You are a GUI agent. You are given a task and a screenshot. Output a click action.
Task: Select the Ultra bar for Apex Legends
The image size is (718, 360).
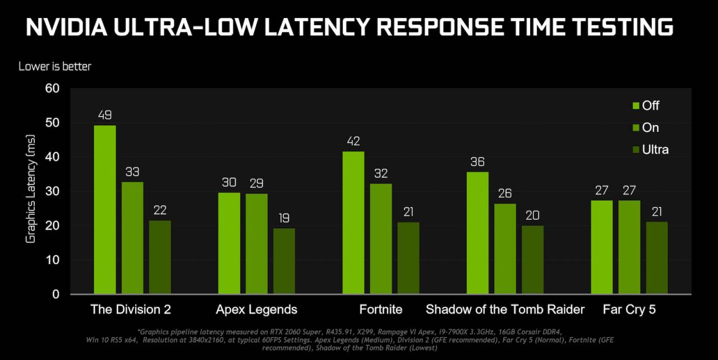click(x=284, y=261)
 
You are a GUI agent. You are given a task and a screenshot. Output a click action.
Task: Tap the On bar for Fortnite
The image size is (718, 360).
click(x=381, y=238)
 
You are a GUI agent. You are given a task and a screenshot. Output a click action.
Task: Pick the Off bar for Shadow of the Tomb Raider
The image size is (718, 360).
click(x=477, y=233)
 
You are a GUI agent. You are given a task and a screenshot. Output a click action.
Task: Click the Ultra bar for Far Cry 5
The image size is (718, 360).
click(x=657, y=257)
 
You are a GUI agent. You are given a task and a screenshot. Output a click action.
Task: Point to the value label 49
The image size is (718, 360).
click(x=105, y=116)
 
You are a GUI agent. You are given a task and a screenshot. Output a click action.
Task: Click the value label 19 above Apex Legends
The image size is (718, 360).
click(x=284, y=218)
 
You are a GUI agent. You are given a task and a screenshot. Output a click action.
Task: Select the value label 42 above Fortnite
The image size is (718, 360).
click(x=353, y=141)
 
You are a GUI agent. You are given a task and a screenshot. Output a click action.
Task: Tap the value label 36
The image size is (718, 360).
click(x=477, y=162)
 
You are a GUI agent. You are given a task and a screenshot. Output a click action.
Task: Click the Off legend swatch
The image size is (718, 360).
click(x=636, y=106)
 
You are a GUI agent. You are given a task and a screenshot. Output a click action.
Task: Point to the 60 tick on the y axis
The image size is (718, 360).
click(x=52, y=89)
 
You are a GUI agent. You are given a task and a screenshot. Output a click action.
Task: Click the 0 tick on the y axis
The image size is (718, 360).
click(x=56, y=294)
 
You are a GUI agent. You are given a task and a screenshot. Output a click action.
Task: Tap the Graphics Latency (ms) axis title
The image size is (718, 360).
click(x=31, y=189)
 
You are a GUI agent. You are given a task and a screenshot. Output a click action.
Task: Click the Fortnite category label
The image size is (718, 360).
click(x=381, y=310)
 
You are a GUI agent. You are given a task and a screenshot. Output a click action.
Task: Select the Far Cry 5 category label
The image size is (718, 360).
click(x=629, y=310)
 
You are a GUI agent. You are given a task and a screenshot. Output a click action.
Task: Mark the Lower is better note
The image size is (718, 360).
click(x=55, y=66)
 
